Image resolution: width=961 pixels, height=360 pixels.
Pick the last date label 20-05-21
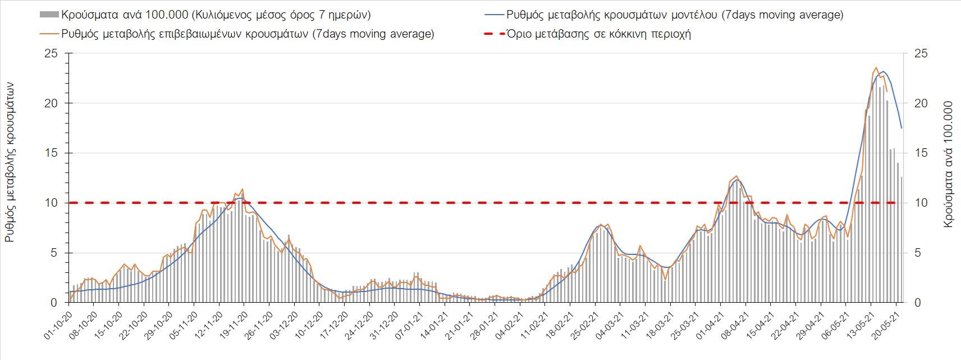point(886,325)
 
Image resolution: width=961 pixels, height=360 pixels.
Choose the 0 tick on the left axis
point(54,303)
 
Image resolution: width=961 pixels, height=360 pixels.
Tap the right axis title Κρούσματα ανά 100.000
point(948,164)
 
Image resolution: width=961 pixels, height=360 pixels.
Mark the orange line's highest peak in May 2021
point(876,68)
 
